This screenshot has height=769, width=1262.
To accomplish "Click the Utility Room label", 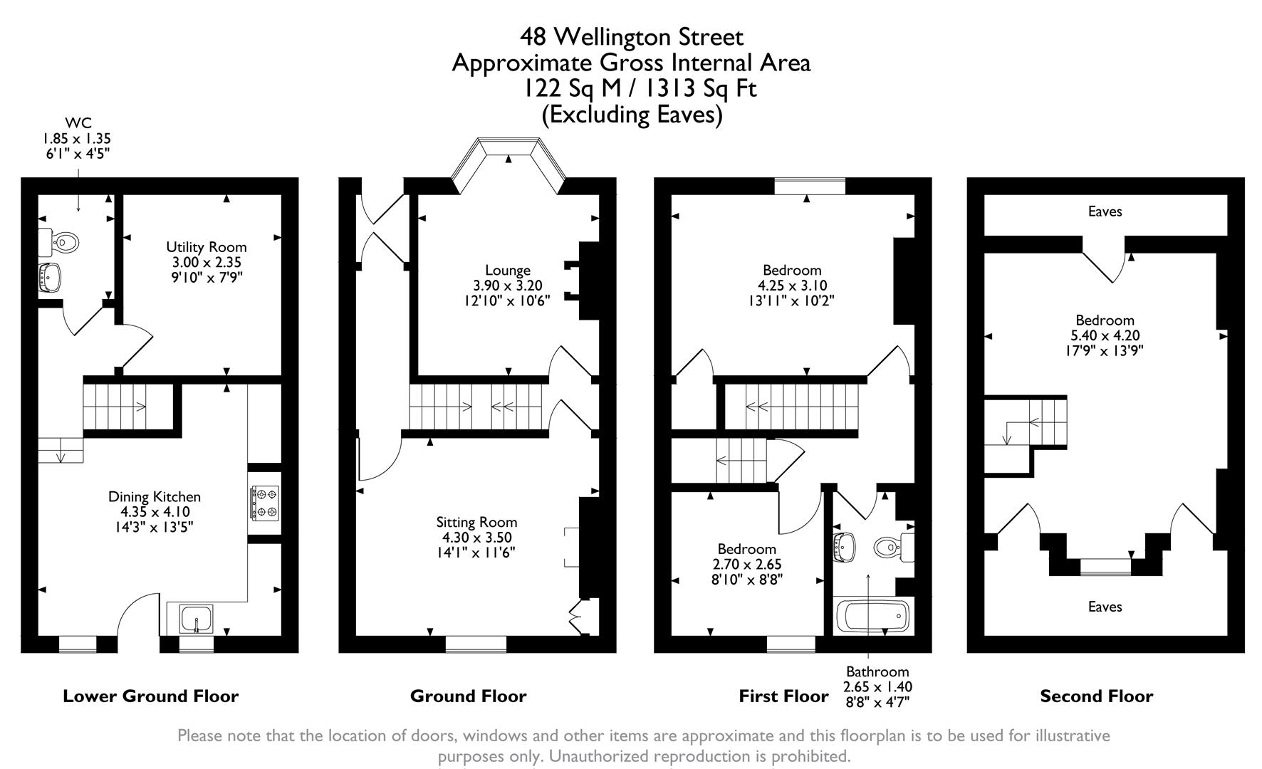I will click(207, 247).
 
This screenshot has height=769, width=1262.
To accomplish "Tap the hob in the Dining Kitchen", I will click(264, 501).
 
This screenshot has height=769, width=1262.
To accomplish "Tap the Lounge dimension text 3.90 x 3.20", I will click(508, 286).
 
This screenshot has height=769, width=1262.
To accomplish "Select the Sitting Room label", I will click(476, 522).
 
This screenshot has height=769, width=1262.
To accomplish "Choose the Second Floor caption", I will click(1096, 696).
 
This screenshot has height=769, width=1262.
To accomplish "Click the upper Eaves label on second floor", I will click(1105, 211).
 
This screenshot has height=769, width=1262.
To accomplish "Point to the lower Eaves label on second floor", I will click(1105, 607).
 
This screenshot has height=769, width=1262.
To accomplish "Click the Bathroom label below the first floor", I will click(877, 671).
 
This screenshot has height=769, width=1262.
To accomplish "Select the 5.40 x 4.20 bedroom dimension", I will click(1105, 335).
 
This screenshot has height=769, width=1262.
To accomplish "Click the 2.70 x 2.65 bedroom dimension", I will click(747, 564).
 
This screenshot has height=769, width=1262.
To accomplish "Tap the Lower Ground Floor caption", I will click(151, 696).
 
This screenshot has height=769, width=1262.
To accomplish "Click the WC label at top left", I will click(78, 123).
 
